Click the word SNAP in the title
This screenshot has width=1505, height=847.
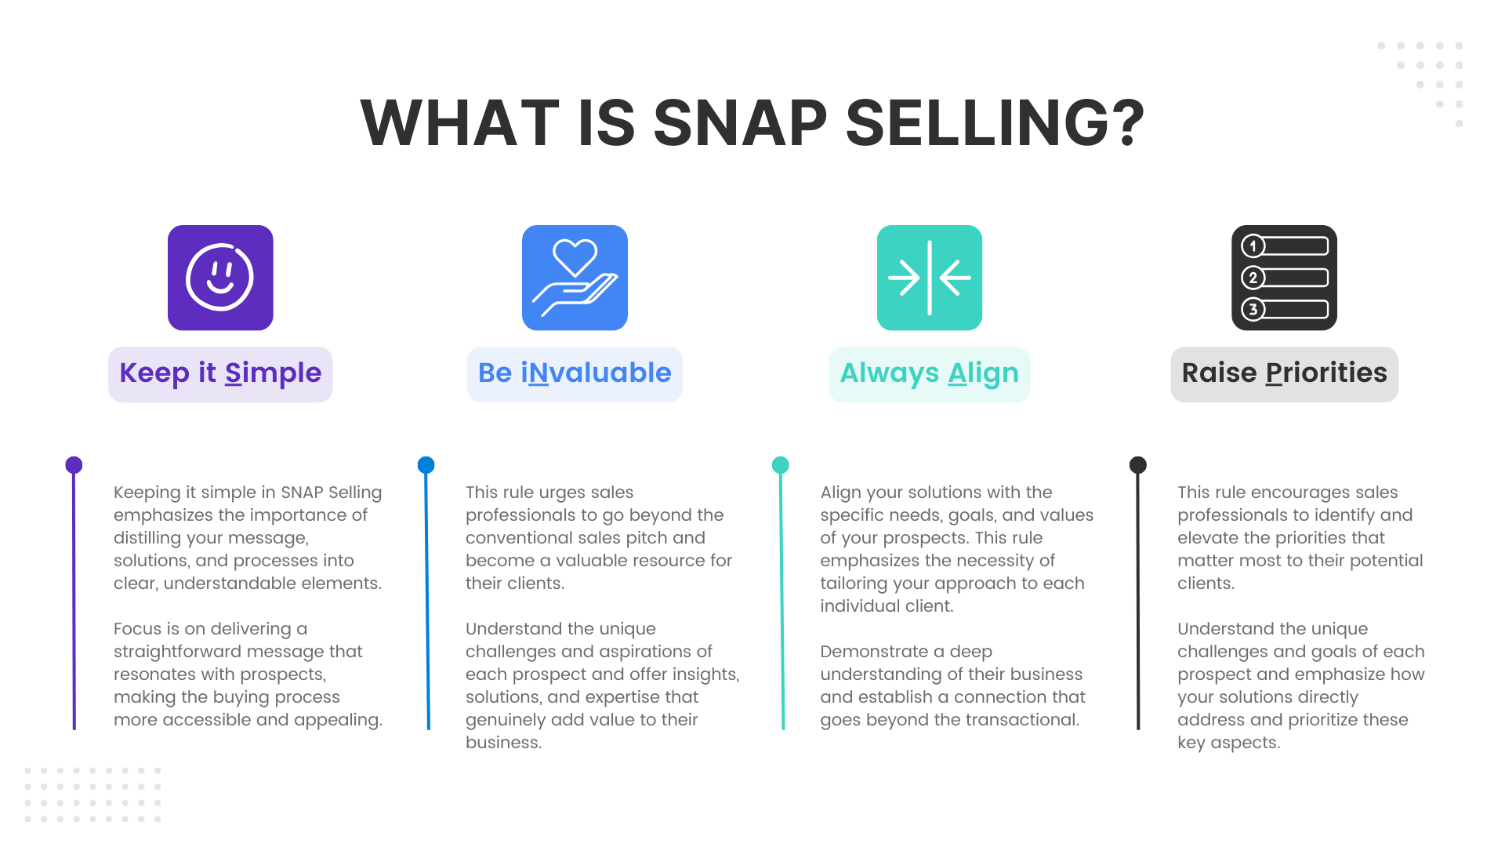(x=740, y=123)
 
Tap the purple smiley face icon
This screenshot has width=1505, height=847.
(x=220, y=278)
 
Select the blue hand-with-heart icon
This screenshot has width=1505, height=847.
(x=575, y=278)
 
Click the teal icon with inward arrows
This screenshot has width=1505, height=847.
(x=929, y=278)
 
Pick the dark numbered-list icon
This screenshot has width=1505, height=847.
(x=1284, y=278)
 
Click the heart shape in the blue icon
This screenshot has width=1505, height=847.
(x=575, y=256)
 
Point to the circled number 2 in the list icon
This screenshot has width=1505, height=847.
(x=1253, y=278)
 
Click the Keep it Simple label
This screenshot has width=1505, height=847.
(x=220, y=373)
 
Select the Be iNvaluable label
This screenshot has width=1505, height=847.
(x=575, y=373)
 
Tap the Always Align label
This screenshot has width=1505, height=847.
(x=929, y=373)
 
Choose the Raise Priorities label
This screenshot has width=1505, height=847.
(x=1284, y=373)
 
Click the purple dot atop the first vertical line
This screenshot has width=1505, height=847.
(x=74, y=465)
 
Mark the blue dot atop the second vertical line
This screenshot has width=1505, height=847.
(x=426, y=465)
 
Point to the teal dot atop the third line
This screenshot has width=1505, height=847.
(x=780, y=465)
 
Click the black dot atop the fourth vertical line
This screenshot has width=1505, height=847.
(x=1137, y=465)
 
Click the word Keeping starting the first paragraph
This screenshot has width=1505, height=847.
(x=146, y=493)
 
